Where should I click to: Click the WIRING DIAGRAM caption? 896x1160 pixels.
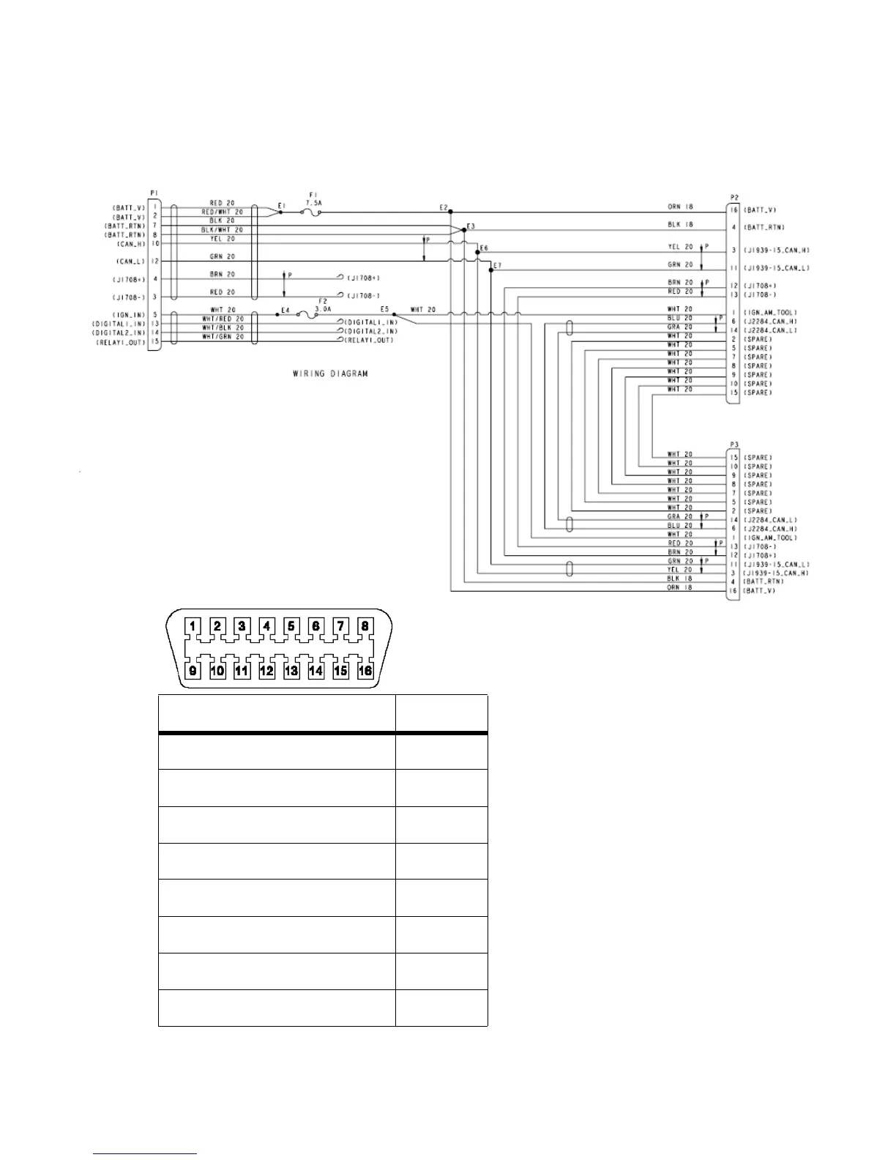point(330,373)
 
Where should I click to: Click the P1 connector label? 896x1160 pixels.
point(154,193)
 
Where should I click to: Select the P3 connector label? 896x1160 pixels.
point(734,444)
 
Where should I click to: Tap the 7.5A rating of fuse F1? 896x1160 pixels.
point(313,203)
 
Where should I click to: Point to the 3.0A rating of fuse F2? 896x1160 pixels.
point(323,309)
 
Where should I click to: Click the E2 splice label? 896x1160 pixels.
point(444,208)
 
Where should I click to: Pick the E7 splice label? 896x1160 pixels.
point(498,265)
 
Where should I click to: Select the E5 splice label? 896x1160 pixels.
point(385,309)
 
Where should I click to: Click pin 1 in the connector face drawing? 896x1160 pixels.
point(193,626)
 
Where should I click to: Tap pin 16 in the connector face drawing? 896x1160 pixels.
point(365,670)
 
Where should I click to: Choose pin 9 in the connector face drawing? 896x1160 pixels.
point(193,670)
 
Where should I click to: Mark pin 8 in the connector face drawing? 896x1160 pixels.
point(365,626)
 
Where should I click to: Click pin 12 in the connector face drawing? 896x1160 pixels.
point(266,670)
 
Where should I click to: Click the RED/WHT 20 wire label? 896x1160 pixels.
point(222,212)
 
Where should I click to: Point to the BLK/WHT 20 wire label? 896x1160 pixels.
point(222,230)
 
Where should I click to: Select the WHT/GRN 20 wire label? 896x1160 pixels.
point(222,337)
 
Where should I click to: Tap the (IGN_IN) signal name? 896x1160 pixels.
point(130,315)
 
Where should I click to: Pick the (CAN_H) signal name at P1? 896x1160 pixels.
point(131,244)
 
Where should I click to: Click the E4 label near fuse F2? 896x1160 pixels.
point(285,311)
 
